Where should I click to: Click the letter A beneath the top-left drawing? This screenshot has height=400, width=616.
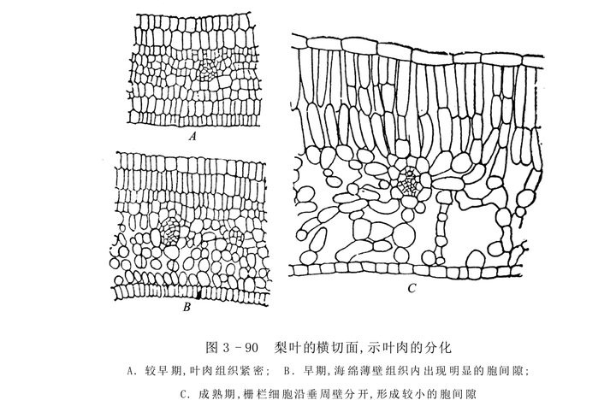[x=193, y=135]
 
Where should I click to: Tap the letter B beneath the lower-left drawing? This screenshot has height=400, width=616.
[x=186, y=307]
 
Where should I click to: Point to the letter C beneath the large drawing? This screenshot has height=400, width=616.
[x=412, y=289]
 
